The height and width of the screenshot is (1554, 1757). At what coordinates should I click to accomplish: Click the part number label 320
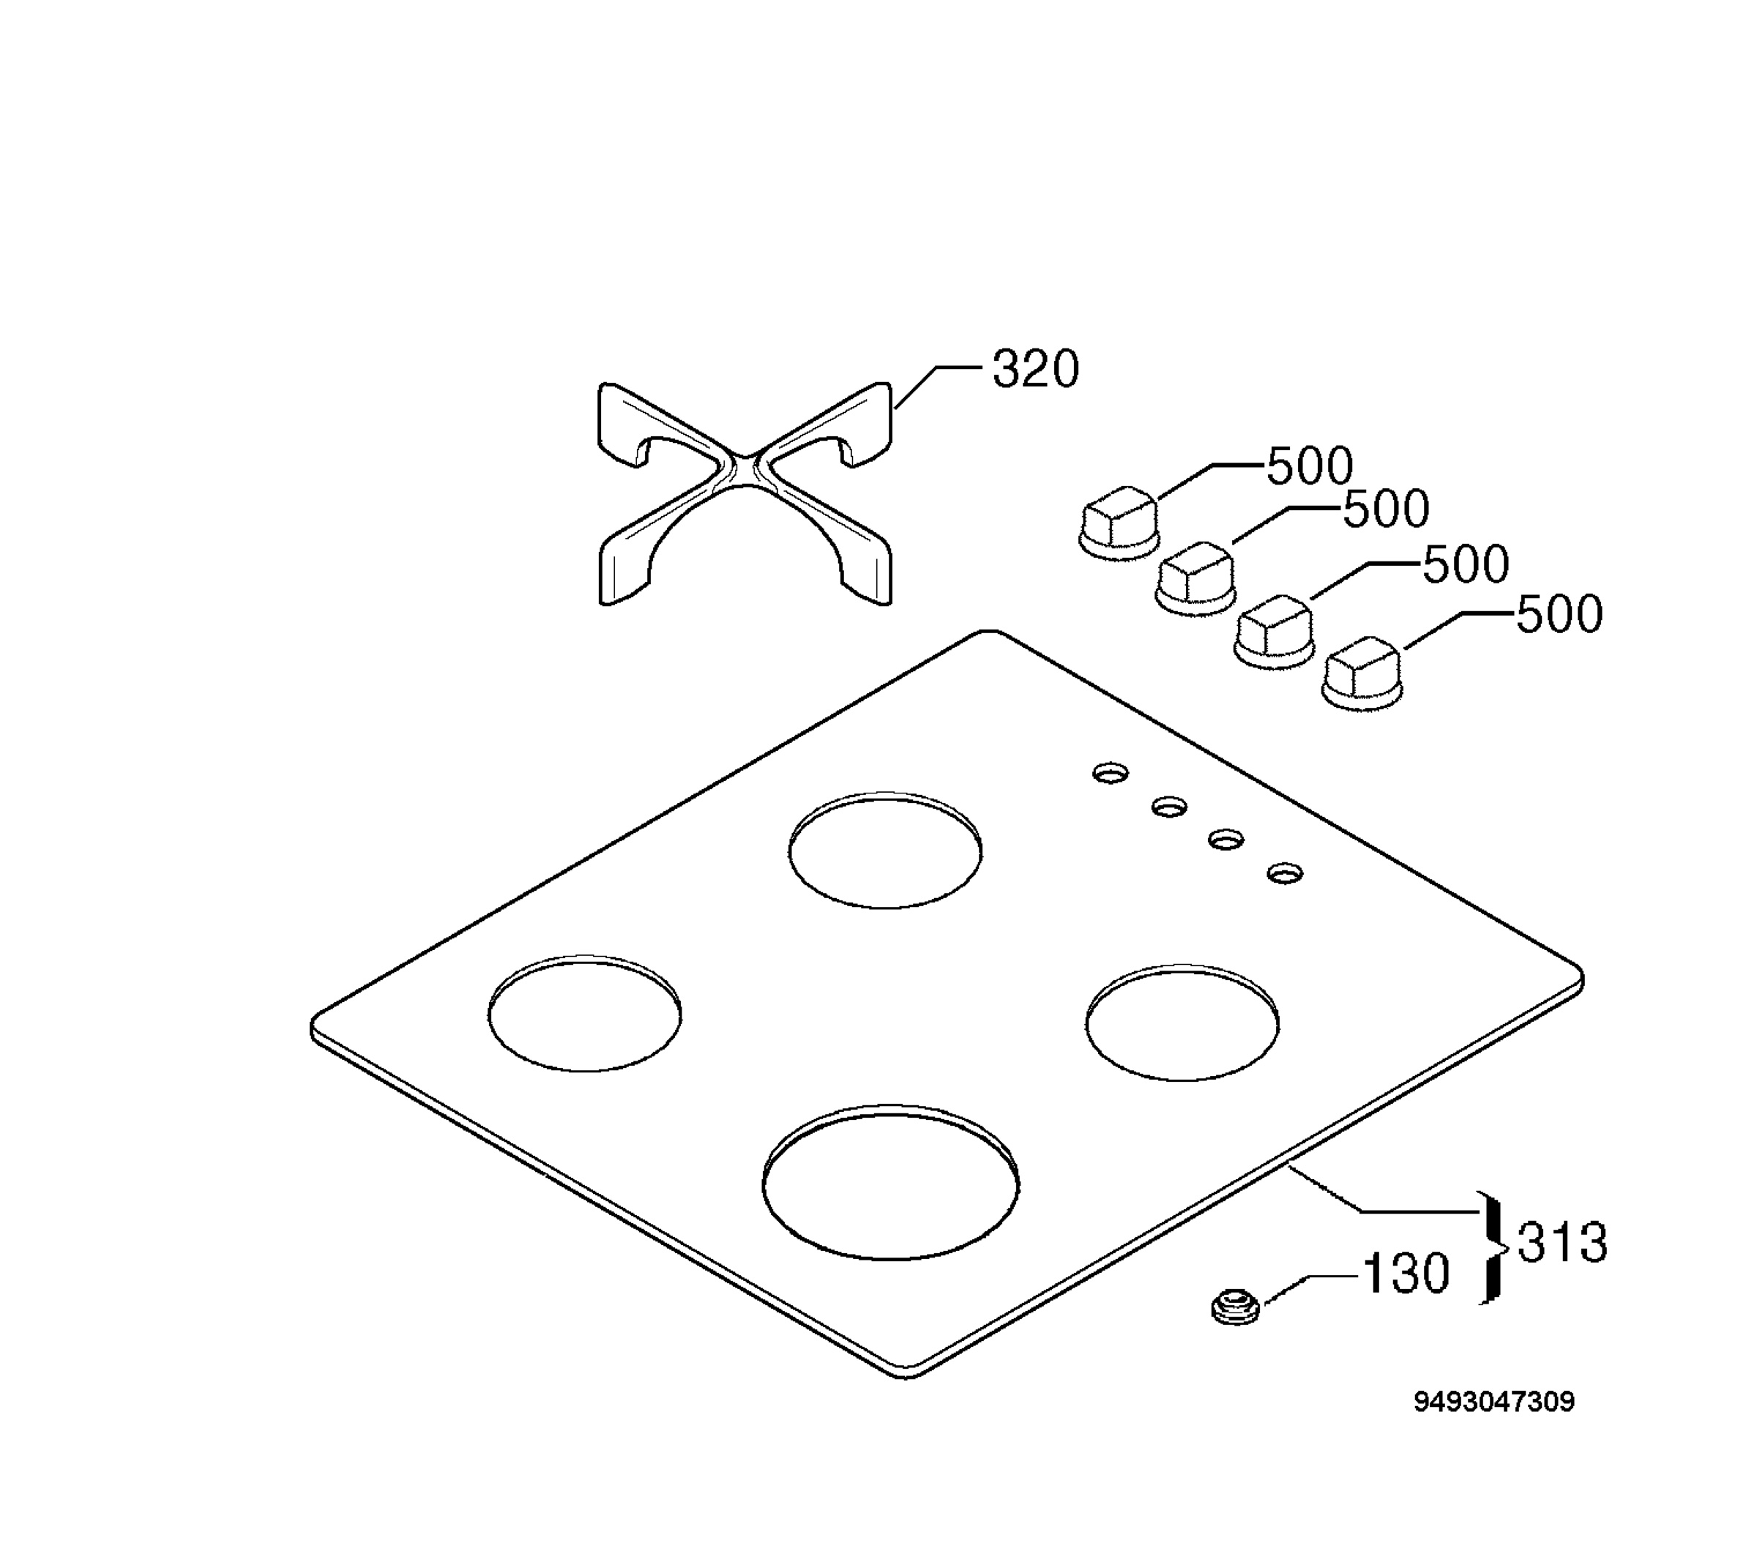click(1035, 370)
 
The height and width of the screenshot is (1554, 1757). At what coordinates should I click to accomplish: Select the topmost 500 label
click(1310, 467)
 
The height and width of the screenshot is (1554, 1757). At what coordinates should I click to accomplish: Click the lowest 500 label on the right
click(1559, 615)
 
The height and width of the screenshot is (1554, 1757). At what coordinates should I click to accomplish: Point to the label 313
click(1562, 1243)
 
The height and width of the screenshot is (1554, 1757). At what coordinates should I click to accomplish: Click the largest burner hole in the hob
click(890, 1183)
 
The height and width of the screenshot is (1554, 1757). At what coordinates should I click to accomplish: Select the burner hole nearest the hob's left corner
click(584, 1012)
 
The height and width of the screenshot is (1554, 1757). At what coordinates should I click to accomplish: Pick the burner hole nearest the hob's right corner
click(1182, 1022)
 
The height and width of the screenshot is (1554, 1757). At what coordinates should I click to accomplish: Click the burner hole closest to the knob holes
click(885, 850)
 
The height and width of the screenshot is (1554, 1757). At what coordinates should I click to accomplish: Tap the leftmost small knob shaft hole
click(1111, 773)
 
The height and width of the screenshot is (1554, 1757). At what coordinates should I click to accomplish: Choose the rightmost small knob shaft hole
click(1284, 873)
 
